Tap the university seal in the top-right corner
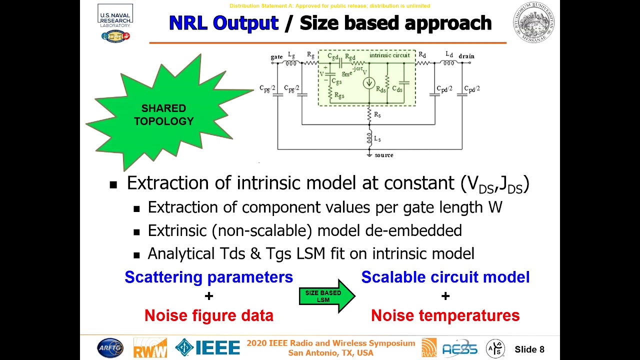coord(533,22)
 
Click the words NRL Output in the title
coord(223,23)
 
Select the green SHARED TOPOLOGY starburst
coord(164,114)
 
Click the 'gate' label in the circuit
coord(276,57)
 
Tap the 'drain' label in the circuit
coord(466,56)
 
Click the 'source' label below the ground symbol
coord(383,155)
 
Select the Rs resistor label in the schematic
coord(377,115)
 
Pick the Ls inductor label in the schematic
coord(377,139)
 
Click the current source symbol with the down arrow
coord(369,83)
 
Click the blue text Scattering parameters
coord(208,277)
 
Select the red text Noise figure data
coord(208,315)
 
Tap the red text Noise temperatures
coord(445,315)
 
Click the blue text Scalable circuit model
coord(445,277)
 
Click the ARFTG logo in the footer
coord(110,348)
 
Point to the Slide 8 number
coord(529,349)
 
